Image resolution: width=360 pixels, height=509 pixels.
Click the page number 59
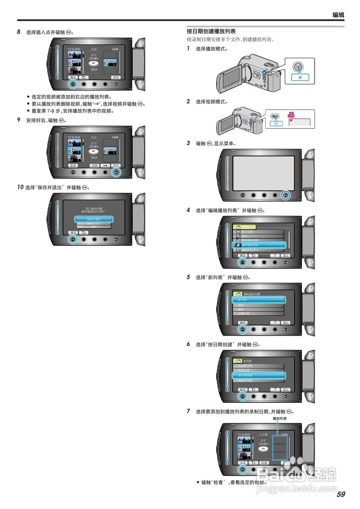[341, 494]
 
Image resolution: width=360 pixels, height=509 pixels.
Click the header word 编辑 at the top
[338, 15]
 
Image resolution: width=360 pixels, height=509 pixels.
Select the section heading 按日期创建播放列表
[211, 31]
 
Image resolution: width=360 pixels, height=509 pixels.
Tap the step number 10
[20, 187]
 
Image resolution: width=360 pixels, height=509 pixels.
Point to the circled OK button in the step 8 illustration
[73, 84]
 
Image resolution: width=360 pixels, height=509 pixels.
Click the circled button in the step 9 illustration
[116, 172]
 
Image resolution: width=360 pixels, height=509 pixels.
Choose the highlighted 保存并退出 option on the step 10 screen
[94, 219]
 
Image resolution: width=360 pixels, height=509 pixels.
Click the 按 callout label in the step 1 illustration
[300, 77]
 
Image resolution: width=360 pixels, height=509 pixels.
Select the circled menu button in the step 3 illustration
[285, 195]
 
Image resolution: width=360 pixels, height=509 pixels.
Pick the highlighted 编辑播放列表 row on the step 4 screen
[259, 245]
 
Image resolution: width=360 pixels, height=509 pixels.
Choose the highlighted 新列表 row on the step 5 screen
[259, 299]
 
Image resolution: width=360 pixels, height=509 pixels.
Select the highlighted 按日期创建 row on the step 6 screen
[259, 375]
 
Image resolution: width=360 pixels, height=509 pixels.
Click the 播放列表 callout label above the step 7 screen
[280, 418]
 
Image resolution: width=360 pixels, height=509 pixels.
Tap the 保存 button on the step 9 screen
[116, 165]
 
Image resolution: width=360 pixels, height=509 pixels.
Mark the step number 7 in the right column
[189, 411]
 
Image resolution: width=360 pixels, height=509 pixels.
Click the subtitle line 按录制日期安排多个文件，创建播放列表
[230, 39]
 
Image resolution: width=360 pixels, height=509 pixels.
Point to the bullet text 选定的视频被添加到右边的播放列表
[72, 97]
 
